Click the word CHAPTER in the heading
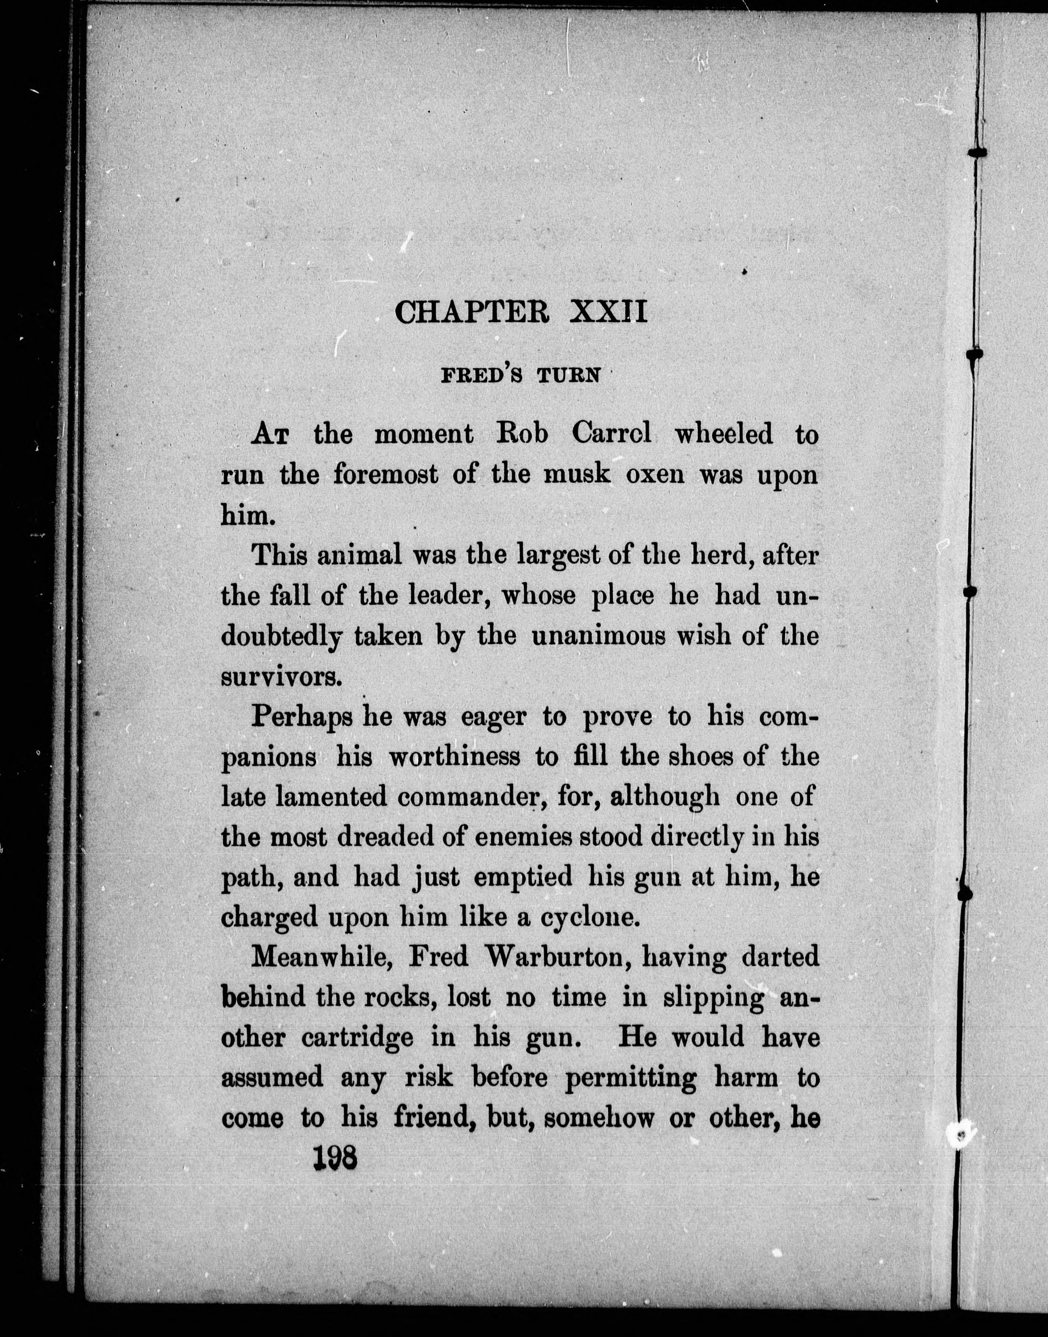tap(472, 312)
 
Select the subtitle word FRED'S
tap(482, 375)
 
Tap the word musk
tap(580, 475)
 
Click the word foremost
tap(386, 475)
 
